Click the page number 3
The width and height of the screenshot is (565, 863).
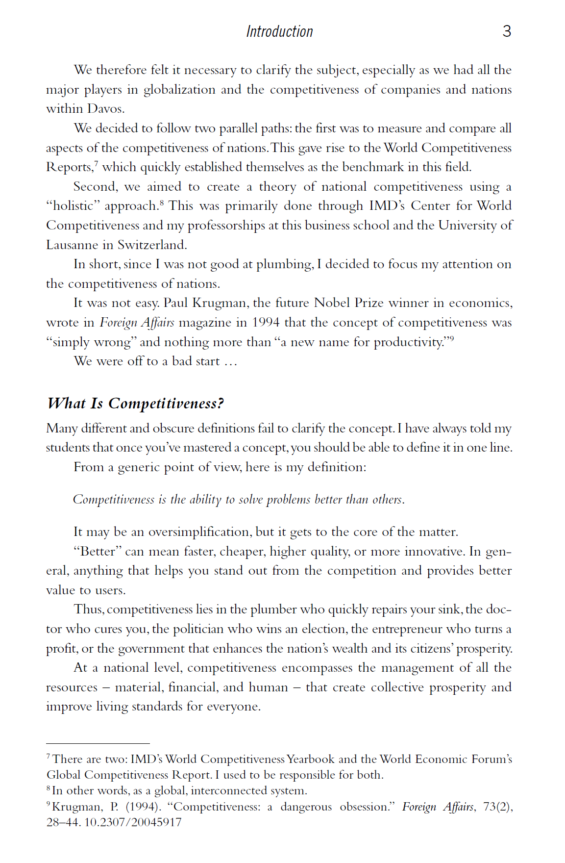(507, 31)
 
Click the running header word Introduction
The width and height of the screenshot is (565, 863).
(279, 32)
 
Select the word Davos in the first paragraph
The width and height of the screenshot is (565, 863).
(106, 109)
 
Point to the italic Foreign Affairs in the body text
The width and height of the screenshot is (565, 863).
(137, 323)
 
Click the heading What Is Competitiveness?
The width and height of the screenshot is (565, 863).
(136, 404)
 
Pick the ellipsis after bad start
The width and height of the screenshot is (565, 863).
(230, 362)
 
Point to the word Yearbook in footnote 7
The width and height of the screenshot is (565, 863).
(311, 759)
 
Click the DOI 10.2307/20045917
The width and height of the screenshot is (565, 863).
(133, 822)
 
